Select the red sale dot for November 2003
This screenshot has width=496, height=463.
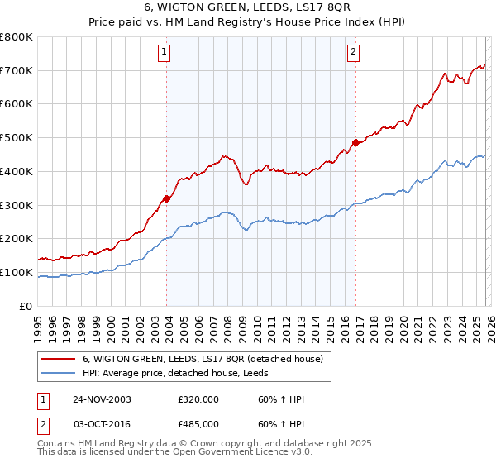tap(167, 198)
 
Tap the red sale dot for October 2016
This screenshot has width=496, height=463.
tap(355, 142)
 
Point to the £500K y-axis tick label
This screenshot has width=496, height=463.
tap(16, 138)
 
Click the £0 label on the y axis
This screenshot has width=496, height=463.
tap(26, 306)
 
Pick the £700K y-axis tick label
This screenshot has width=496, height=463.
tap(16, 71)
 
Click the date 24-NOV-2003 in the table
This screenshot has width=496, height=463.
tap(102, 399)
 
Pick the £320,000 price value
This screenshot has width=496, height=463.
tap(198, 399)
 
